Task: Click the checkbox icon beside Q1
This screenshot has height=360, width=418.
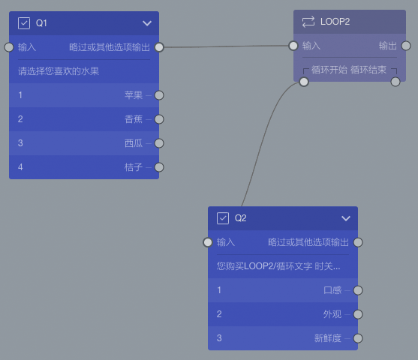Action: coord(24,23)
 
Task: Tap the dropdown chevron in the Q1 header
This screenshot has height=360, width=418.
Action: coord(147,23)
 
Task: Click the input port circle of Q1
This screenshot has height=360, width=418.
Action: coord(9,47)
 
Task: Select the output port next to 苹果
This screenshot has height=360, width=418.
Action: coord(159,95)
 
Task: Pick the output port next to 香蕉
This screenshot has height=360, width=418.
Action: coord(159,119)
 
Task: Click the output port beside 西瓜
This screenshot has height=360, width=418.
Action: coord(159,143)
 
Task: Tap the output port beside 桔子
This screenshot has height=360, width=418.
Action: coord(159,167)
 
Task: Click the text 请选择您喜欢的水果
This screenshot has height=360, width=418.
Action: coord(59,71)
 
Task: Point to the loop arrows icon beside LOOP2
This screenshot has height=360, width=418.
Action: coord(308,22)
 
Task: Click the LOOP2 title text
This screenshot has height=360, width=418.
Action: coord(335,22)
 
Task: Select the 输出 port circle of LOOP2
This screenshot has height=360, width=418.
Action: coord(406,46)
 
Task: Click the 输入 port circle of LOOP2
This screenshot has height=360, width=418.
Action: coord(293,46)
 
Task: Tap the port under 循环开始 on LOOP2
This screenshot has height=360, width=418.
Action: coord(304,82)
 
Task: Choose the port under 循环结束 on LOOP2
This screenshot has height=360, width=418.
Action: coord(395,82)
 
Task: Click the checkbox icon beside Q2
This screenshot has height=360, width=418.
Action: coord(223,218)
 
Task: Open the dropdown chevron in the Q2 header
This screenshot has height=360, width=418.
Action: coord(346,218)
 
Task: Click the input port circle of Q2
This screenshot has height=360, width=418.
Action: coord(208,242)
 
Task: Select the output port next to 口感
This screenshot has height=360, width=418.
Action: coord(358,290)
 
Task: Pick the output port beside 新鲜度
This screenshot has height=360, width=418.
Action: coord(358,338)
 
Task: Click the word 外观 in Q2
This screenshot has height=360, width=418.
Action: coord(332,314)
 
